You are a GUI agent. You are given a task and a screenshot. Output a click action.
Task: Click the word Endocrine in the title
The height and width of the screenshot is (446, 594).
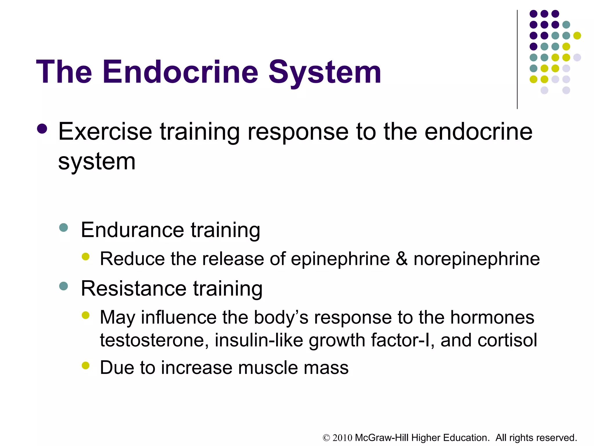(180, 72)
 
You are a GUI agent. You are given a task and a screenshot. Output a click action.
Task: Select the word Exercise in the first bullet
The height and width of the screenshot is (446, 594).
(105, 132)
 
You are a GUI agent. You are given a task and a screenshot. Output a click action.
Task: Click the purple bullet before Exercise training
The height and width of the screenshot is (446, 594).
(42, 129)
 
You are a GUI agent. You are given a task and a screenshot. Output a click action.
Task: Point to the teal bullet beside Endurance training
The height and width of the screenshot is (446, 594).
(63, 227)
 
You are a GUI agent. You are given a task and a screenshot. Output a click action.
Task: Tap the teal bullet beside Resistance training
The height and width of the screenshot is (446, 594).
(63, 286)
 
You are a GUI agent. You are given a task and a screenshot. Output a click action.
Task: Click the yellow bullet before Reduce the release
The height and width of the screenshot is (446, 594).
(86, 256)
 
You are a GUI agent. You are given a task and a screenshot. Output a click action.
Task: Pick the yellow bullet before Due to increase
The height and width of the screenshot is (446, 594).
(86, 365)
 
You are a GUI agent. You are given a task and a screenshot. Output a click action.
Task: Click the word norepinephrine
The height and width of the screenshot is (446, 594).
(477, 259)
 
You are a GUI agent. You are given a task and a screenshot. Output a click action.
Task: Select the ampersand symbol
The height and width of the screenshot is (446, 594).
(402, 258)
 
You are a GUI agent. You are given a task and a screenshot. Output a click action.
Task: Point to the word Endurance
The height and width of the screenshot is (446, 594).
(132, 230)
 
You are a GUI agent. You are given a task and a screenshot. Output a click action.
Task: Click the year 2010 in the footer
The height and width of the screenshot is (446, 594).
(342, 438)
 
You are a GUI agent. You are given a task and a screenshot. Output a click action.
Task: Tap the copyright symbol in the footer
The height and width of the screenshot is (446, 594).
(327, 438)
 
